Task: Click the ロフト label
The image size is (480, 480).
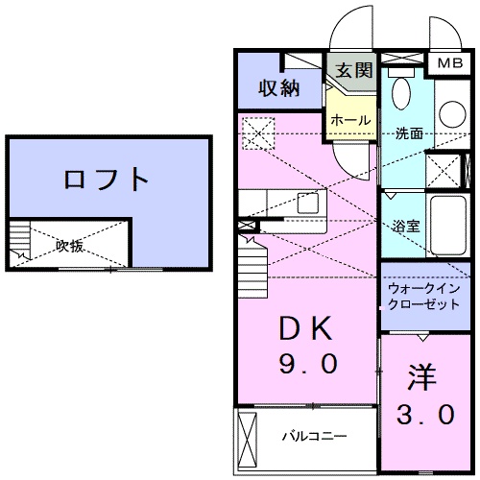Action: point(108,180)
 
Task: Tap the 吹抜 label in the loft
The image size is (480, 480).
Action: point(69,246)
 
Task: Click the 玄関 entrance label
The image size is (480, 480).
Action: point(353,69)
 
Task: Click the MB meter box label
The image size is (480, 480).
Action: point(448,63)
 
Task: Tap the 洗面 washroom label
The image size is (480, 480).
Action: point(410,134)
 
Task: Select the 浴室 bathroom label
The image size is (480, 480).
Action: point(404,228)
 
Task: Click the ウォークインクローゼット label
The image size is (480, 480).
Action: point(423,295)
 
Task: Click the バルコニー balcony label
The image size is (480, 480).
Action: point(313,437)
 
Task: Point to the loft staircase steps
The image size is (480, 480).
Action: point(20,244)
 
